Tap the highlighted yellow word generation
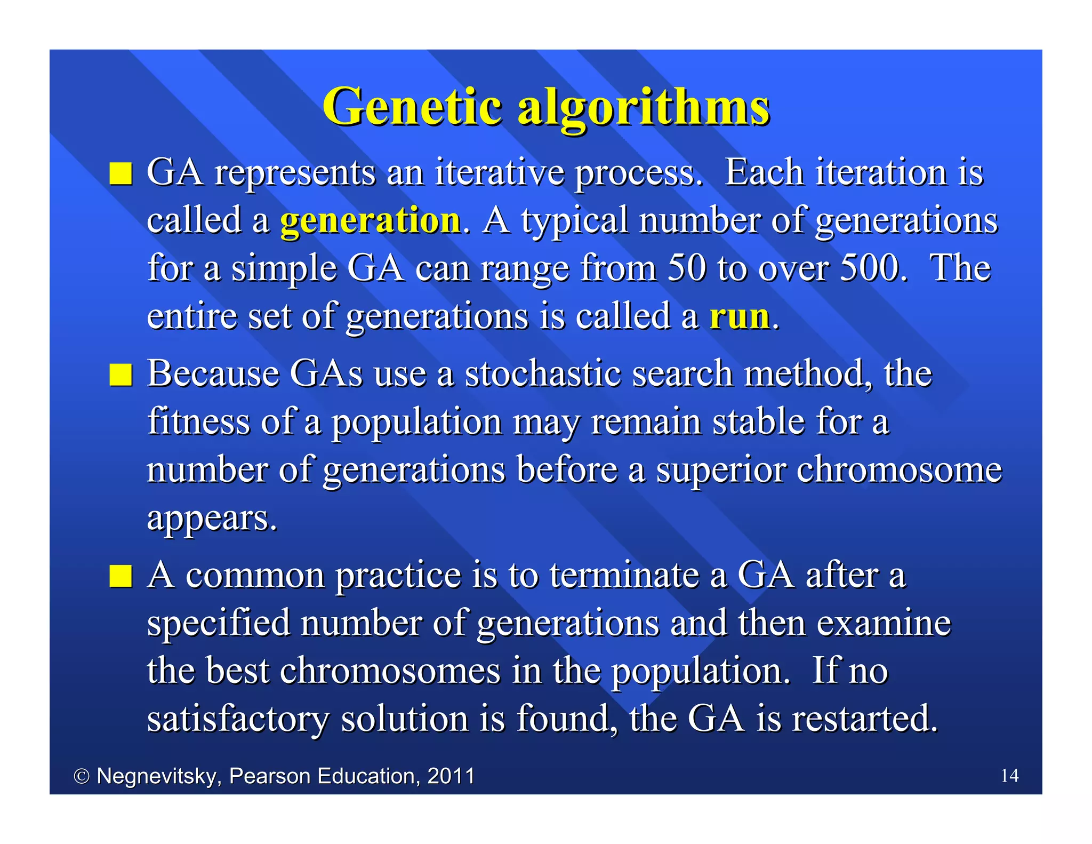(370, 220)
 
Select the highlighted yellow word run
(739, 316)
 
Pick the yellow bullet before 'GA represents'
(121, 174)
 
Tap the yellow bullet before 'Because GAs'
(121, 375)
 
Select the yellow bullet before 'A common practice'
(121, 577)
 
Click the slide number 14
(1009, 775)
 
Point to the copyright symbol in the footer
(81, 776)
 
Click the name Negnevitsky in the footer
(158, 776)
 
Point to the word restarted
(864, 718)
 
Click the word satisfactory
(238, 719)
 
